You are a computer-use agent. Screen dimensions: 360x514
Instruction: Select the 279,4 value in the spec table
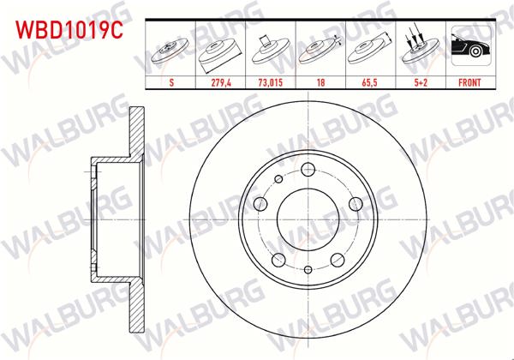tap(220, 85)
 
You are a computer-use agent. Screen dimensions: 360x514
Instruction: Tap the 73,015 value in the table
tap(271, 85)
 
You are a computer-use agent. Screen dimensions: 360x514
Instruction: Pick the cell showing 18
tap(320, 85)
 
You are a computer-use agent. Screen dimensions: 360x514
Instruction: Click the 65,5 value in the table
tap(369, 85)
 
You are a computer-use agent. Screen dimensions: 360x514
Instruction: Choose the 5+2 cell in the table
tap(419, 85)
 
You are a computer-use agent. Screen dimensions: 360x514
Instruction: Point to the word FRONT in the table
tap(469, 85)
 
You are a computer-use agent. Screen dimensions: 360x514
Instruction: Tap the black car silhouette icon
tap(469, 50)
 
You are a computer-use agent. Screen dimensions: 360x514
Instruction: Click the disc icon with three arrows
tap(419, 50)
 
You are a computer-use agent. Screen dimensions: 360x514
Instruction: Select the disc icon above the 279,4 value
tap(220, 50)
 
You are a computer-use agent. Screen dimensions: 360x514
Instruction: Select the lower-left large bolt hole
tap(277, 260)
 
